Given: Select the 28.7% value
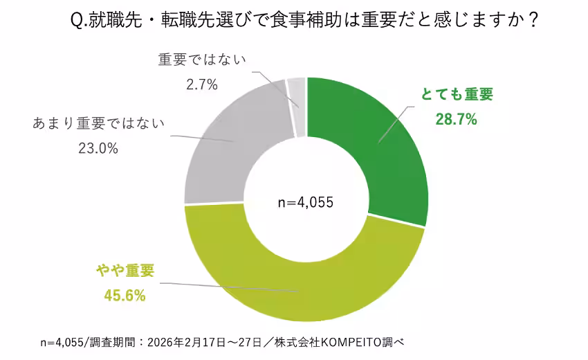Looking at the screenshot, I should pyautogui.click(x=457, y=120).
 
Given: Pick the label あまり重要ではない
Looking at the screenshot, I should pyautogui.click(x=98, y=125).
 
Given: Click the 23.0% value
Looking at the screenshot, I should pyautogui.click(x=98, y=148).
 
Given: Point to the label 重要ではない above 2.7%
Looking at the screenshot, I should pyautogui.click(x=203, y=60).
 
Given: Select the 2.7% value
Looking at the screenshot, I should pyautogui.click(x=202, y=84).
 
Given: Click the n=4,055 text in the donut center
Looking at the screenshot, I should pyautogui.click(x=306, y=203).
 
